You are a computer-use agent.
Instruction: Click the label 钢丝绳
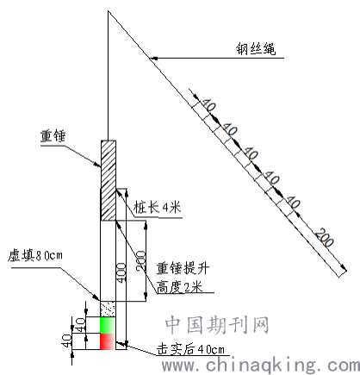256,48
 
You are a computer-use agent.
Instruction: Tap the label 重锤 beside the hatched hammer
53,135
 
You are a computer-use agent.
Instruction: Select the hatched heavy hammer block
109,180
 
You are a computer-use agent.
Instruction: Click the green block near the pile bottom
108,325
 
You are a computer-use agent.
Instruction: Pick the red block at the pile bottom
108,341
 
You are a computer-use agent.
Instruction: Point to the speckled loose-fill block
108,309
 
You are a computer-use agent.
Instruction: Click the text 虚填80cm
35,255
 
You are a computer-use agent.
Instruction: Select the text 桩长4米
157,207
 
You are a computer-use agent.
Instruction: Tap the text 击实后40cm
190,349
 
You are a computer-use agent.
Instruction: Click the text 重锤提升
183,268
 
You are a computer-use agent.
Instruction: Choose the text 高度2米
179,286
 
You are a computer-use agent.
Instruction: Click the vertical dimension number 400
121,272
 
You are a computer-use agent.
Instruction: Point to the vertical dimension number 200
141,260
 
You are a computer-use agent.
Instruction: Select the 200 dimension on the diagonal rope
325,237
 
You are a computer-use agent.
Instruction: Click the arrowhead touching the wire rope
154,58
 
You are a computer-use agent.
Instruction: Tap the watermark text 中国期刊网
217,325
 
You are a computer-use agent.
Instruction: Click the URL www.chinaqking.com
261,366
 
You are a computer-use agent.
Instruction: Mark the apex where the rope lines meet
108,11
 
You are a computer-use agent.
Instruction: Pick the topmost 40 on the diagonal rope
208,105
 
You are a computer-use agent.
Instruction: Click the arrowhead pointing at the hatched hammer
97,165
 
